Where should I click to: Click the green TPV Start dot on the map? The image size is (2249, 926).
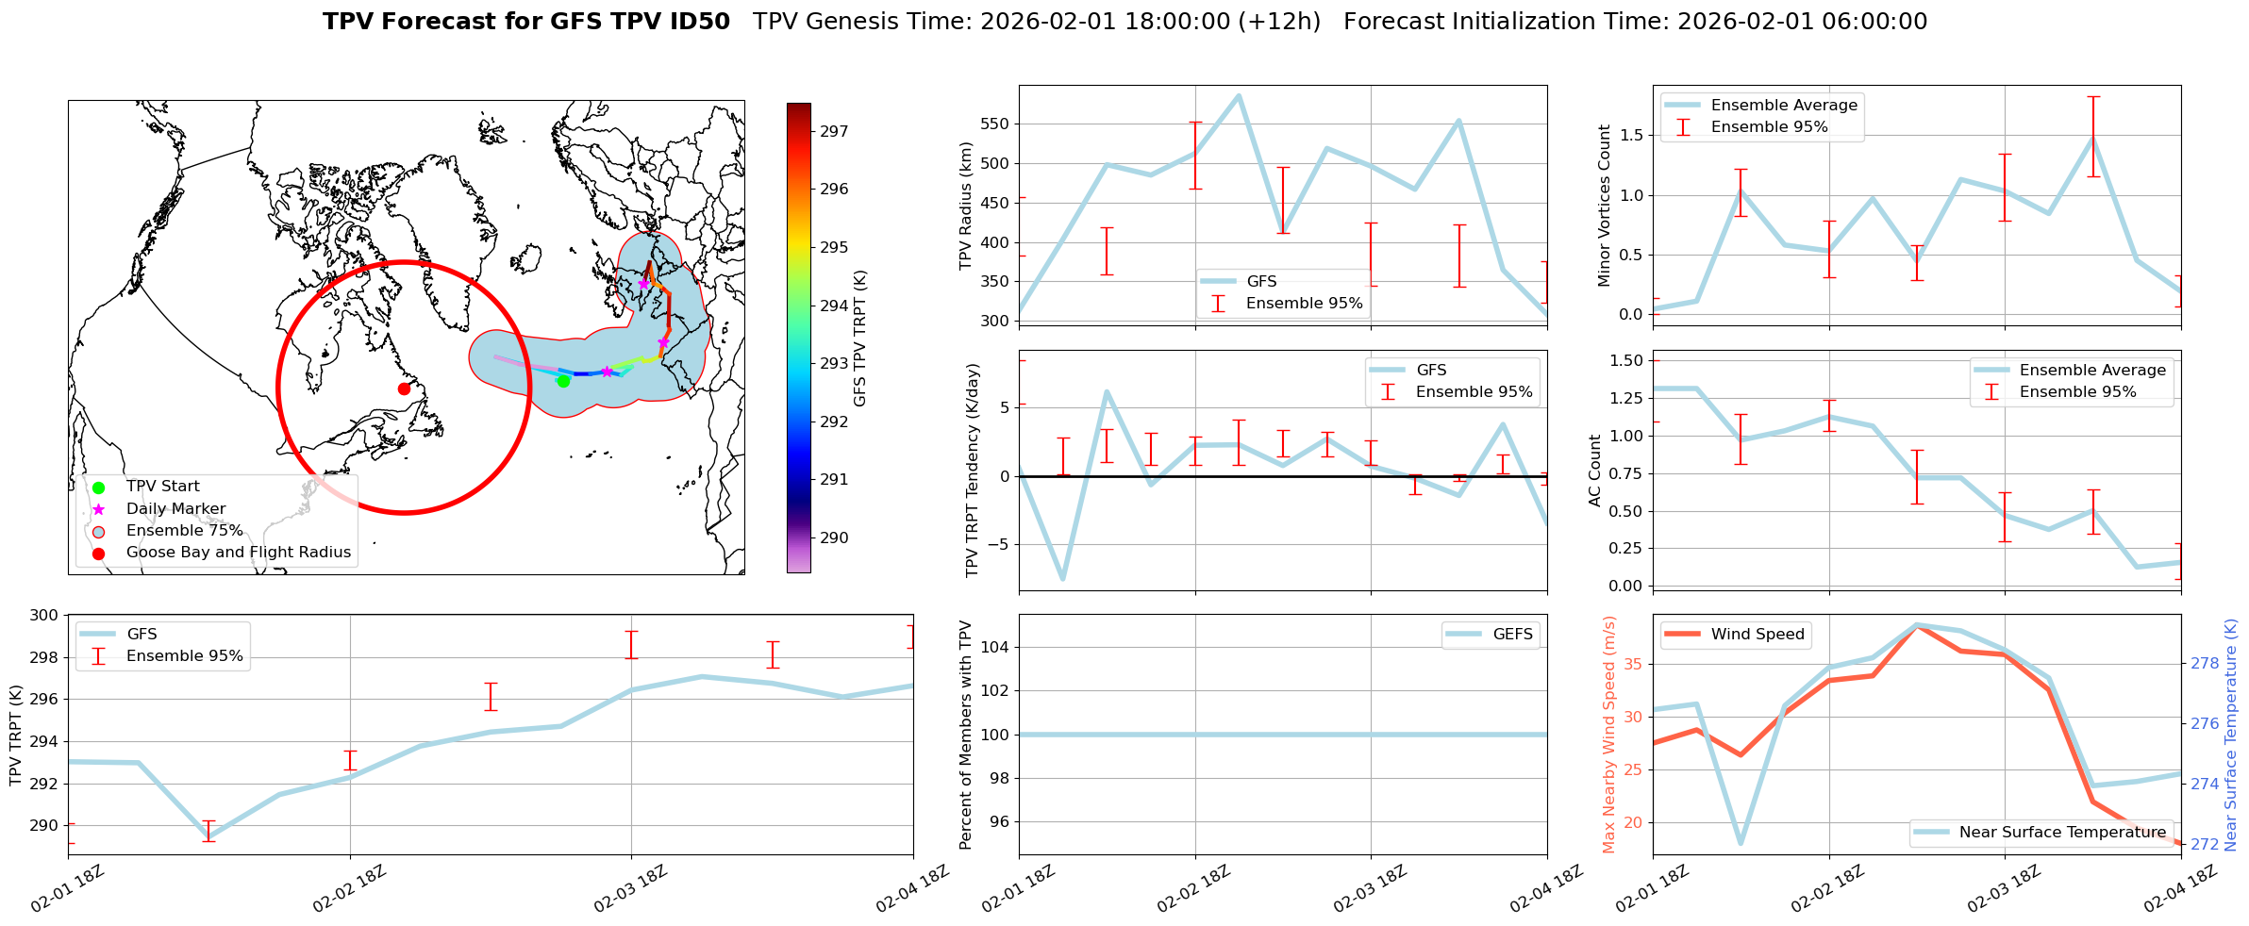(x=563, y=381)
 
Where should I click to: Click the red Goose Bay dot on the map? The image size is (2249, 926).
(x=404, y=389)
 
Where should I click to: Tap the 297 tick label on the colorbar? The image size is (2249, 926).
(x=833, y=131)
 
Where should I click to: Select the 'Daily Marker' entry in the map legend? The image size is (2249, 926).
(x=175, y=509)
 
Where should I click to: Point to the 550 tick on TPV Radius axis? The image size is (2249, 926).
(x=996, y=124)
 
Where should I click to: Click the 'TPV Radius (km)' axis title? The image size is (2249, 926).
(x=965, y=206)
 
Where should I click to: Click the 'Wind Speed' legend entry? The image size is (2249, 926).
(x=1757, y=635)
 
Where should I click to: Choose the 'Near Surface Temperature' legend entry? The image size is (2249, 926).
(x=2062, y=833)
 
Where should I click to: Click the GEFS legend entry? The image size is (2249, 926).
(x=1512, y=635)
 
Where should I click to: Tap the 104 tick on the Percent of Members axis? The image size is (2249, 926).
(x=999, y=647)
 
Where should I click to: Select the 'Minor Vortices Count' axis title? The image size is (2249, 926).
(x=1604, y=206)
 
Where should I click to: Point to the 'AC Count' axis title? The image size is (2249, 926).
(x=1595, y=471)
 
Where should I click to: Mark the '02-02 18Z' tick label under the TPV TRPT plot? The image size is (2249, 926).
(x=349, y=889)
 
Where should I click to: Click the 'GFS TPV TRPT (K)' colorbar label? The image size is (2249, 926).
(x=859, y=338)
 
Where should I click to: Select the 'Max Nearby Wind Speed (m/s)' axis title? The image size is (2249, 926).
(x=1609, y=735)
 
